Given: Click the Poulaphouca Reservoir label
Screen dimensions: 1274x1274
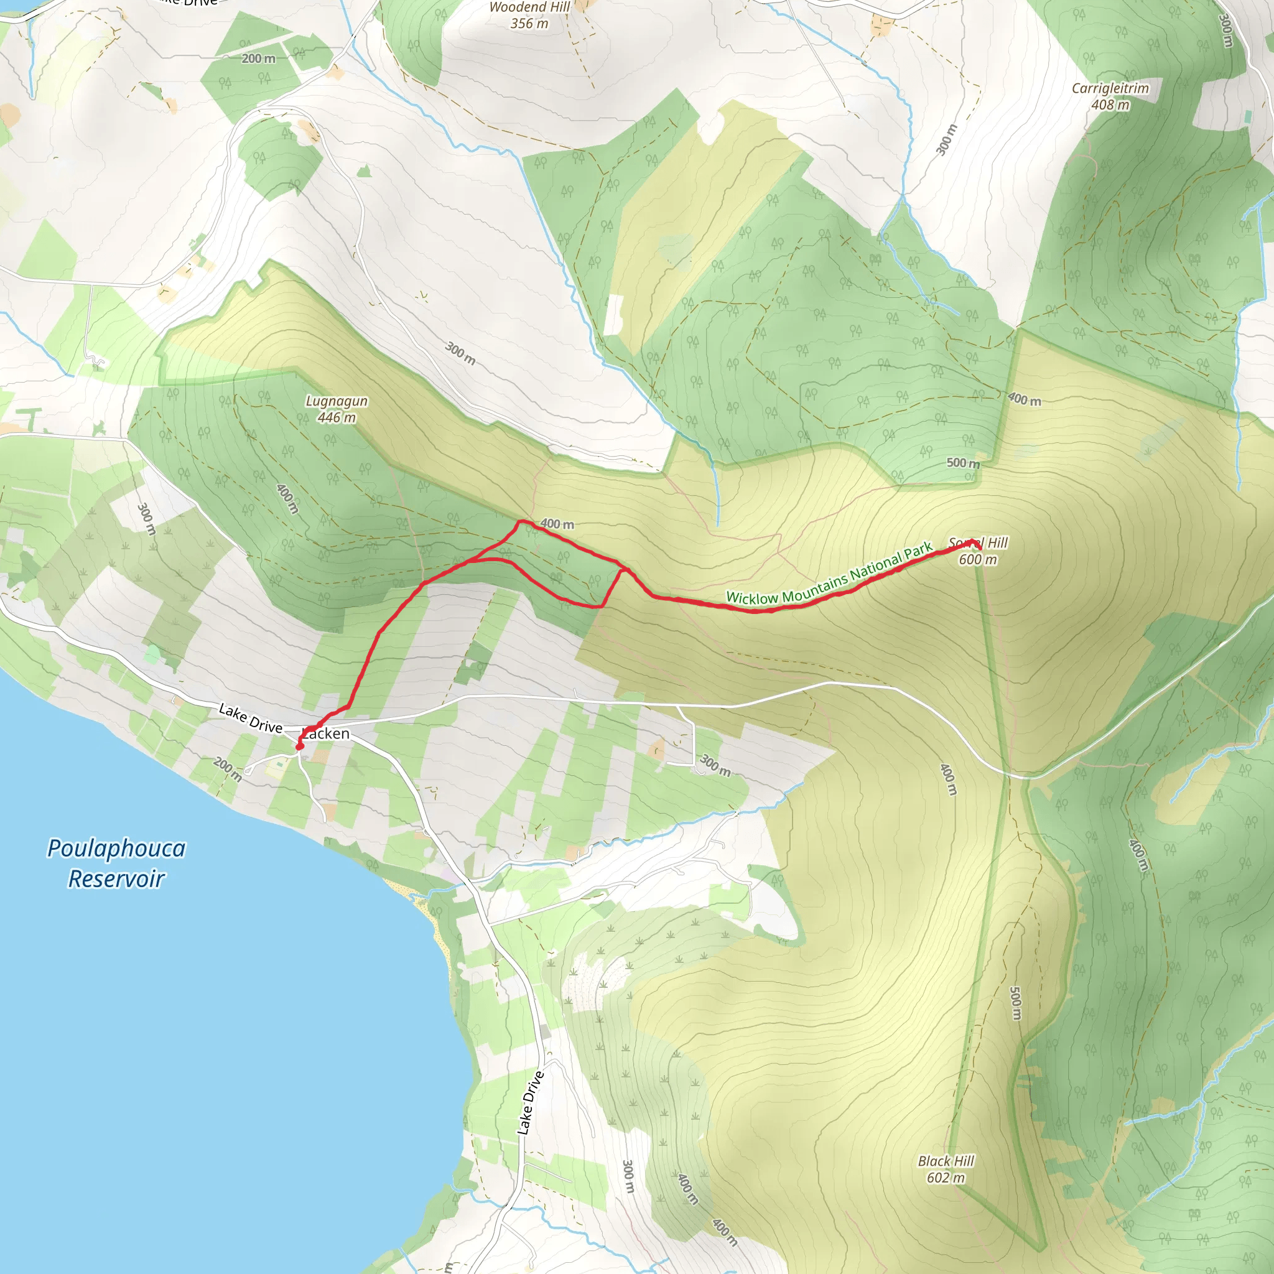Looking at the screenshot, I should tap(116, 863).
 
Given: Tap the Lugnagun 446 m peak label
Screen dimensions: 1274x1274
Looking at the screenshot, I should tap(337, 409).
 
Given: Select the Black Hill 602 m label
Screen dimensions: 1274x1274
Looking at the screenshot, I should tap(946, 1169).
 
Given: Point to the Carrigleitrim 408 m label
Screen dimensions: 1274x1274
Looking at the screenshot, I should tap(1110, 96).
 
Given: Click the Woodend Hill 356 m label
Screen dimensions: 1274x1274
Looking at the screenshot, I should tap(529, 15).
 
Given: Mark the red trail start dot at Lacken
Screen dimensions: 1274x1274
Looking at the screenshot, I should tap(299, 747).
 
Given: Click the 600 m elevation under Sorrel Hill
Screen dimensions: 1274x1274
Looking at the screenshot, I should tap(977, 560).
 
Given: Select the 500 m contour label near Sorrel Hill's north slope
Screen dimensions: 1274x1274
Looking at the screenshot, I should tap(963, 463).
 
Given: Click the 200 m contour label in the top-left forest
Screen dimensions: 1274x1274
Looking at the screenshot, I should tap(259, 58).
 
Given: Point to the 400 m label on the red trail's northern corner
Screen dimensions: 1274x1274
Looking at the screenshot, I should tap(557, 524).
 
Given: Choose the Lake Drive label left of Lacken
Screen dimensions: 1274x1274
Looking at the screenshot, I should tap(250, 718).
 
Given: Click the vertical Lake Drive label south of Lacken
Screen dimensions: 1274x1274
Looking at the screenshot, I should tap(530, 1102).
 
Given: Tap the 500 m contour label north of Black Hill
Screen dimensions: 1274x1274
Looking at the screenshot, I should tap(1015, 1003).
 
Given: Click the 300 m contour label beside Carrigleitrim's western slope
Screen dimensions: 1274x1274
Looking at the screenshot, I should tap(947, 139).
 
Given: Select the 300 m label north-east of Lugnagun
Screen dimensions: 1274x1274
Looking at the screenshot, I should tap(460, 353).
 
